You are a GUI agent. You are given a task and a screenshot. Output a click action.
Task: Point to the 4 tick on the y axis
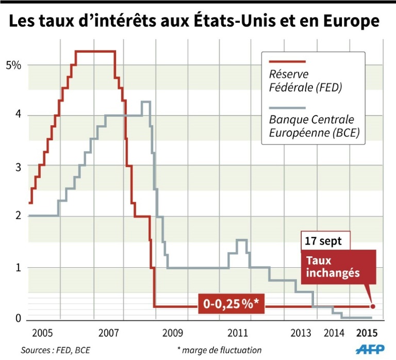(x=16, y=115)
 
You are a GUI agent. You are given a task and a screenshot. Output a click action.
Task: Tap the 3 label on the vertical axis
(x=16, y=166)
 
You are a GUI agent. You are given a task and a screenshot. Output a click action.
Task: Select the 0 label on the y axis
(x=16, y=319)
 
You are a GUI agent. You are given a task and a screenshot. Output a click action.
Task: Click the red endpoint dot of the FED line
(x=373, y=306)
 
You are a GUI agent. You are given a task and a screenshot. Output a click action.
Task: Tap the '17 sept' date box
(x=325, y=241)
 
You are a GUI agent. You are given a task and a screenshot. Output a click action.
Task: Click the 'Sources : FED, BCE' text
(x=55, y=350)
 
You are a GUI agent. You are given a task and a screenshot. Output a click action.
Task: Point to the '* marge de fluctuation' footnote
(x=219, y=350)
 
